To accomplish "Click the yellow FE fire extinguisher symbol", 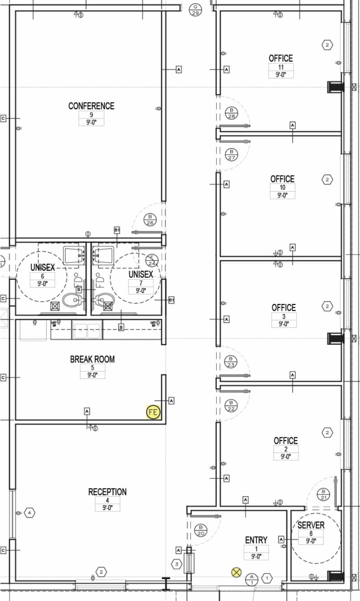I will [153, 412].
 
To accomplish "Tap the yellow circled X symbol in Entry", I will [236, 572].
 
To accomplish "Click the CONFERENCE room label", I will [91, 106].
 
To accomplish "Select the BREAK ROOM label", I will [92, 359].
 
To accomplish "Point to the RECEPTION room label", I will [107, 492].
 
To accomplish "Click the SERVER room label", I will [311, 525].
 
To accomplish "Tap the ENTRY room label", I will [256, 540].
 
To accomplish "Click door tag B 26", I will [150, 219].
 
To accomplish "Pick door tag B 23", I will [231, 362].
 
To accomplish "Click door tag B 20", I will [201, 530].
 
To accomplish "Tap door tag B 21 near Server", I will [323, 494].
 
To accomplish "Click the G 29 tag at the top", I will [195, 9].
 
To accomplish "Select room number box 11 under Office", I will [281, 67].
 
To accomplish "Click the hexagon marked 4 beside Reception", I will [29, 513].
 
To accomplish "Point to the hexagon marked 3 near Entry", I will [177, 564].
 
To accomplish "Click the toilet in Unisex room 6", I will [70, 301].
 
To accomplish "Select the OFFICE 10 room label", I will [282, 179].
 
